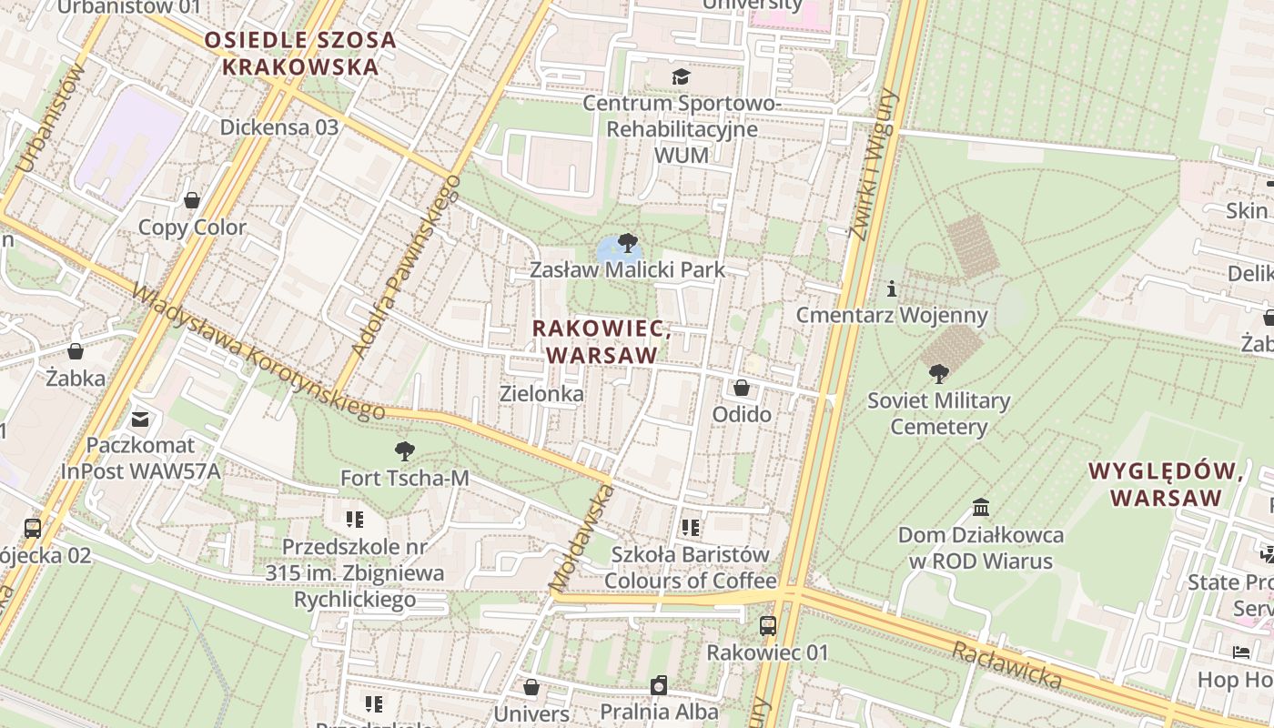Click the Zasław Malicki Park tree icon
(x=627, y=242)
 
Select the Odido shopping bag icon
(x=742, y=388)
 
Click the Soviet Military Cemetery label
(x=938, y=414)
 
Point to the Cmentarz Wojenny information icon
(x=892, y=289)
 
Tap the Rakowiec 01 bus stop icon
(x=768, y=625)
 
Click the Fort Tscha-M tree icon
(x=404, y=450)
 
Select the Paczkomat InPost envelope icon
(x=140, y=419)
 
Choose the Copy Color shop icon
(x=192, y=200)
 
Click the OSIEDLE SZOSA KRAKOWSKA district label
(x=300, y=53)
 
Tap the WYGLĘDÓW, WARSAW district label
(x=1167, y=484)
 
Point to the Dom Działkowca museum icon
(x=981, y=507)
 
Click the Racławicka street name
(x=1006, y=664)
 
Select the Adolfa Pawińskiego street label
(x=405, y=266)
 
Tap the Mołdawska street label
(x=581, y=537)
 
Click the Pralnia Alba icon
(x=659, y=684)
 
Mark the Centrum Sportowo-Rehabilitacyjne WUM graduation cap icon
(x=681, y=76)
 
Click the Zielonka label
(x=541, y=394)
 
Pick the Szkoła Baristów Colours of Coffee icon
(x=691, y=527)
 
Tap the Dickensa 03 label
(x=279, y=126)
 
